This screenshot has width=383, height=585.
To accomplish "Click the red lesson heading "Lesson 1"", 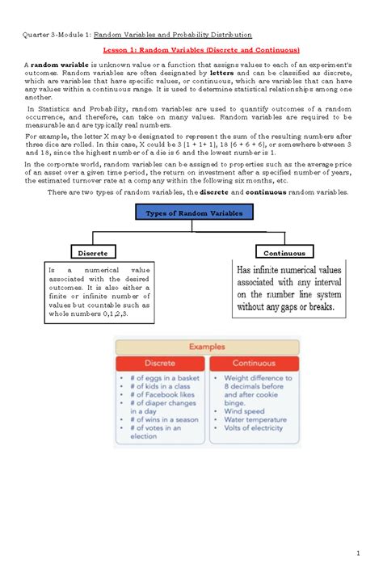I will coord(191,50).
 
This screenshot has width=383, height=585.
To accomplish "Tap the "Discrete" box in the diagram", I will coord(94,252).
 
